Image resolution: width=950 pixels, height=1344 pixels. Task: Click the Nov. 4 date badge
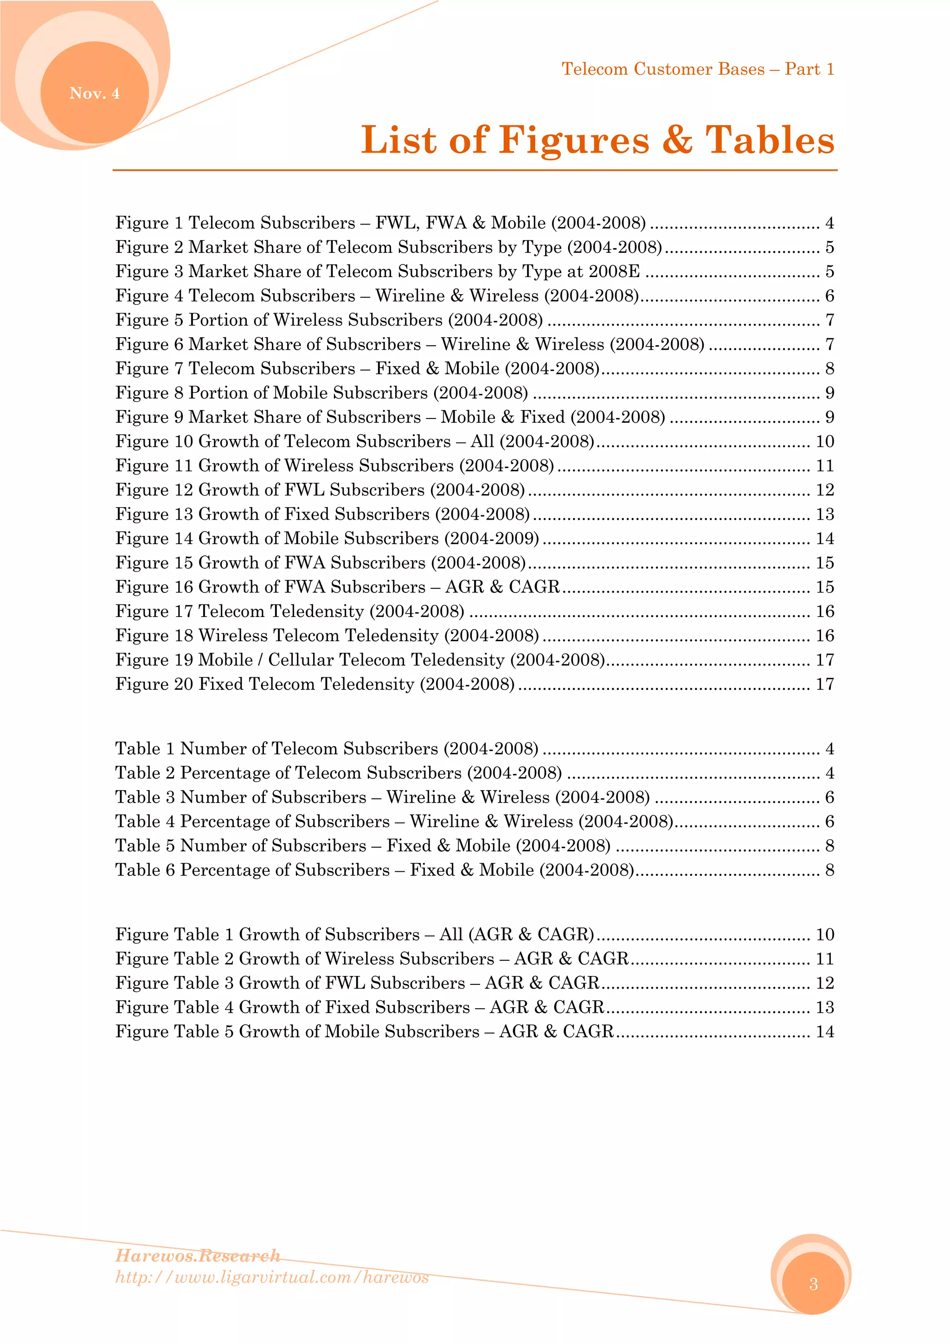(x=94, y=93)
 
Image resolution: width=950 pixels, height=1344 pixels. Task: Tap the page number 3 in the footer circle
(x=813, y=1284)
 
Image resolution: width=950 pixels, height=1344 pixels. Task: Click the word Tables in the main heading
(x=769, y=141)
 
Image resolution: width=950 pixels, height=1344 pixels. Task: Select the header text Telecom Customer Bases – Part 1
(x=698, y=69)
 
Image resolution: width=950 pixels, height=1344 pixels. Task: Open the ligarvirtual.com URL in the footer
(x=272, y=1277)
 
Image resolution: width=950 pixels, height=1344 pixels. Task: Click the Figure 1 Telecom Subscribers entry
(x=380, y=223)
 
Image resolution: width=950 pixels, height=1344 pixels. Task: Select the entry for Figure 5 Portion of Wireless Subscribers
(x=329, y=320)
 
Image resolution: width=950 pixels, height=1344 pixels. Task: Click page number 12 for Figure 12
(x=825, y=490)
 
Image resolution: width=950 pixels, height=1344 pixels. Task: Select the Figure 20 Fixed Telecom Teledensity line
(x=315, y=684)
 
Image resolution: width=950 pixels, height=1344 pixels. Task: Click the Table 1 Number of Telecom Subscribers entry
(x=327, y=749)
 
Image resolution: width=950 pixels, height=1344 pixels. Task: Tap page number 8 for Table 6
(x=829, y=870)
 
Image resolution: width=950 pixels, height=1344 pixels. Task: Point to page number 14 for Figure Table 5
(x=825, y=1031)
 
